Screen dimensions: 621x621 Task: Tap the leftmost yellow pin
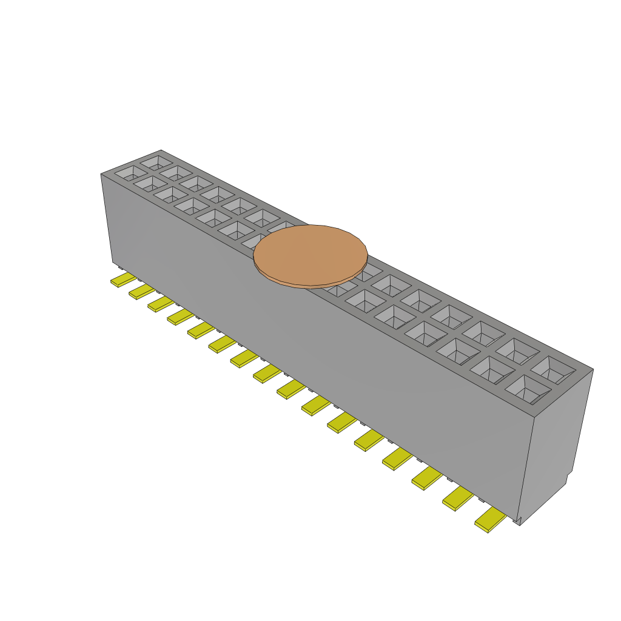123,280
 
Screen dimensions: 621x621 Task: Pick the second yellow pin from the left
142,292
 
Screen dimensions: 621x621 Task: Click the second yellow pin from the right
458,499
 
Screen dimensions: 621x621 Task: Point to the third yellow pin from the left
161,303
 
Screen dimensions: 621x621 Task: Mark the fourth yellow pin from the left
181,316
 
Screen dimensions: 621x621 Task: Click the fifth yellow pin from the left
201,329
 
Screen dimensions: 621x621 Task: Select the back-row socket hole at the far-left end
156,163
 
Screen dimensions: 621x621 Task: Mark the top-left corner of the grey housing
101,175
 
